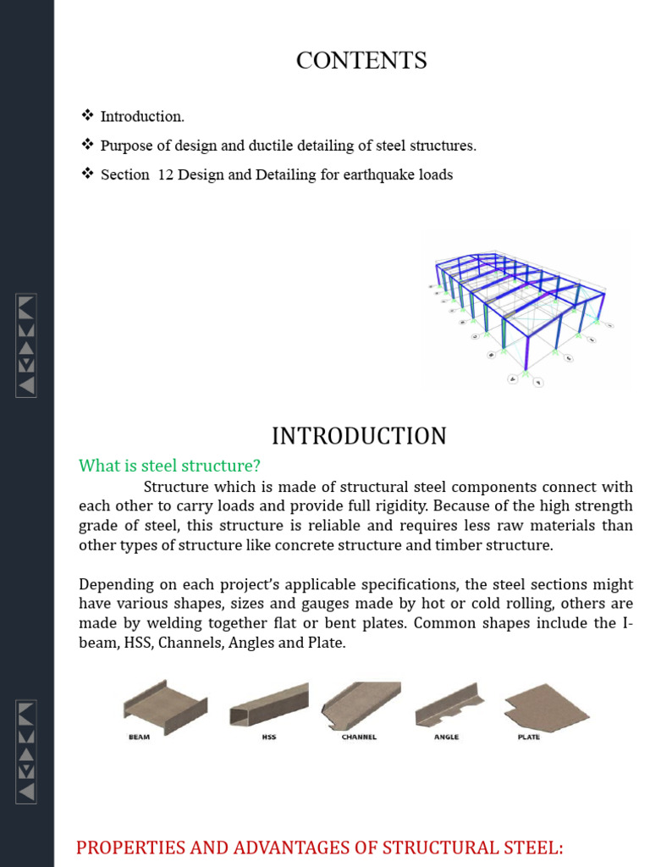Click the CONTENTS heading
click(x=361, y=61)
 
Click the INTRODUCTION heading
click(x=359, y=436)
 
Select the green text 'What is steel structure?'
click(x=169, y=466)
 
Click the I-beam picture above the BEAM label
click(x=165, y=704)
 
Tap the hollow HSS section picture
click(x=268, y=705)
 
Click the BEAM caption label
click(x=140, y=737)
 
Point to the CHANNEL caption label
click(x=359, y=737)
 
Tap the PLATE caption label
click(x=528, y=737)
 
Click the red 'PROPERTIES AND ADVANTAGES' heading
click(x=320, y=848)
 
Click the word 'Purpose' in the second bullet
click(x=125, y=146)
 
